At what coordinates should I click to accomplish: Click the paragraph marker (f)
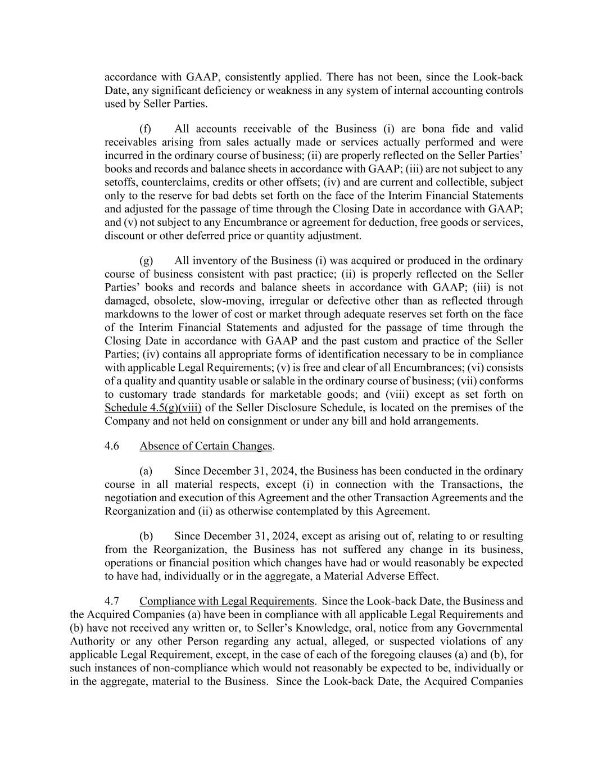click(x=146, y=129)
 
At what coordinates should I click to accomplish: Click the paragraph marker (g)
click(x=146, y=261)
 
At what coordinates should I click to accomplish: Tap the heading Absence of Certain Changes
click(x=206, y=446)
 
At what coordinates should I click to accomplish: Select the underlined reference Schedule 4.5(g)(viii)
click(x=153, y=408)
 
